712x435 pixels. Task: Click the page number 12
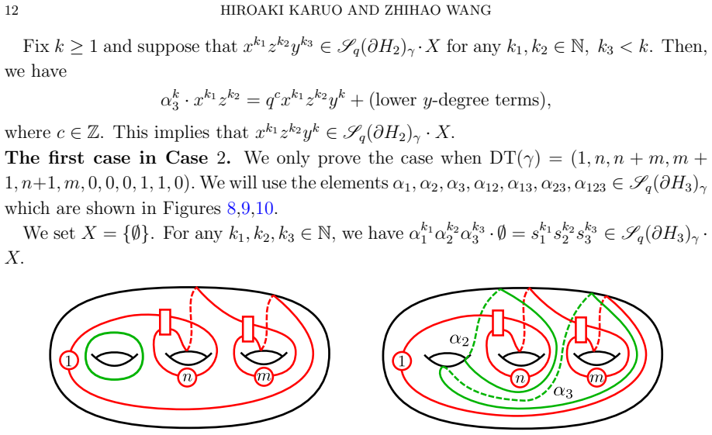pyautogui.click(x=12, y=10)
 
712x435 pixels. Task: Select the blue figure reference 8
pyautogui.click(x=232, y=209)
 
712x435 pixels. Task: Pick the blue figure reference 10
pyautogui.click(x=264, y=209)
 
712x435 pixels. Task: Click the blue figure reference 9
pyautogui.click(x=246, y=209)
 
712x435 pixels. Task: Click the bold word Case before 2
pyautogui.click(x=187, y=158)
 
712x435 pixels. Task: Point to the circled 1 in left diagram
pyautogui.click(x=69, y=361)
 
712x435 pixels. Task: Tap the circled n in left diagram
pyautogui.click(x=187, y=378)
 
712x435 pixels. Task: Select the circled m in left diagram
pyautogui.click(x=264, y=376)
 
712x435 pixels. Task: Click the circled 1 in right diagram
pyautogui.click(x=402, y=361)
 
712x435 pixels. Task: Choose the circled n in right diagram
pyautogui.click(x=520, y=378)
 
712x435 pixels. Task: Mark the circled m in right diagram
pyautogui.click(x=596, y=378)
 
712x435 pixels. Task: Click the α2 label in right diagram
pyautogui.click(x=459, y=339)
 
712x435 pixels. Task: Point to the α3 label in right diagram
pyautogui.click(x=563, y=392)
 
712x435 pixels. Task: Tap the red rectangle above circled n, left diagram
pyautogui.click(x=165, y=322)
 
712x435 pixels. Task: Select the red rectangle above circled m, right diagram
pyautogui.click(x=581, y=330)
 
